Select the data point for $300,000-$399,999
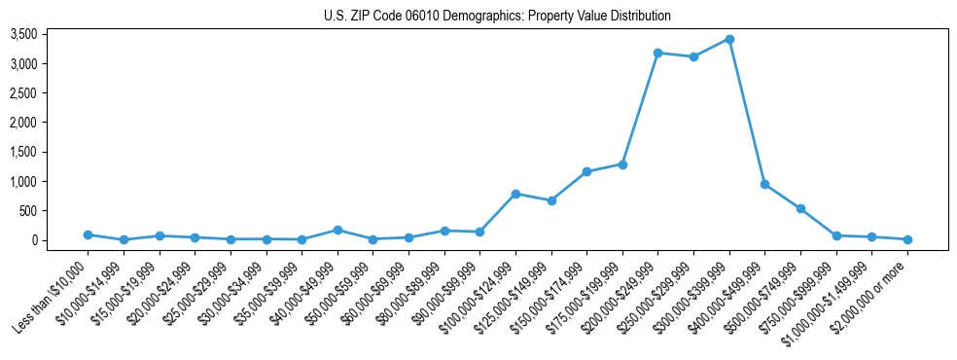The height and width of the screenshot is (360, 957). (729, 40)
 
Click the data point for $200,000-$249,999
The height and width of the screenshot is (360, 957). (658, 53)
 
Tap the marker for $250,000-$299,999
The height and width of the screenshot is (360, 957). (693, 56)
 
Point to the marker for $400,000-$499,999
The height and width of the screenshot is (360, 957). (765, 184)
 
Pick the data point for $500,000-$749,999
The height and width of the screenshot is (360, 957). (800, 208)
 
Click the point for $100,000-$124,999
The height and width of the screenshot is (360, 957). (515, 194)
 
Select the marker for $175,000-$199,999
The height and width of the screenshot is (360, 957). (622, 164)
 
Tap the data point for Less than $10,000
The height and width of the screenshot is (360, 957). (88, 234)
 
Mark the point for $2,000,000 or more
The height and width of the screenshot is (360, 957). (907, 239)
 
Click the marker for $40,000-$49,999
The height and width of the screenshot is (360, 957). (337, 230)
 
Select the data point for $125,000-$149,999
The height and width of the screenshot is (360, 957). (551, 200)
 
